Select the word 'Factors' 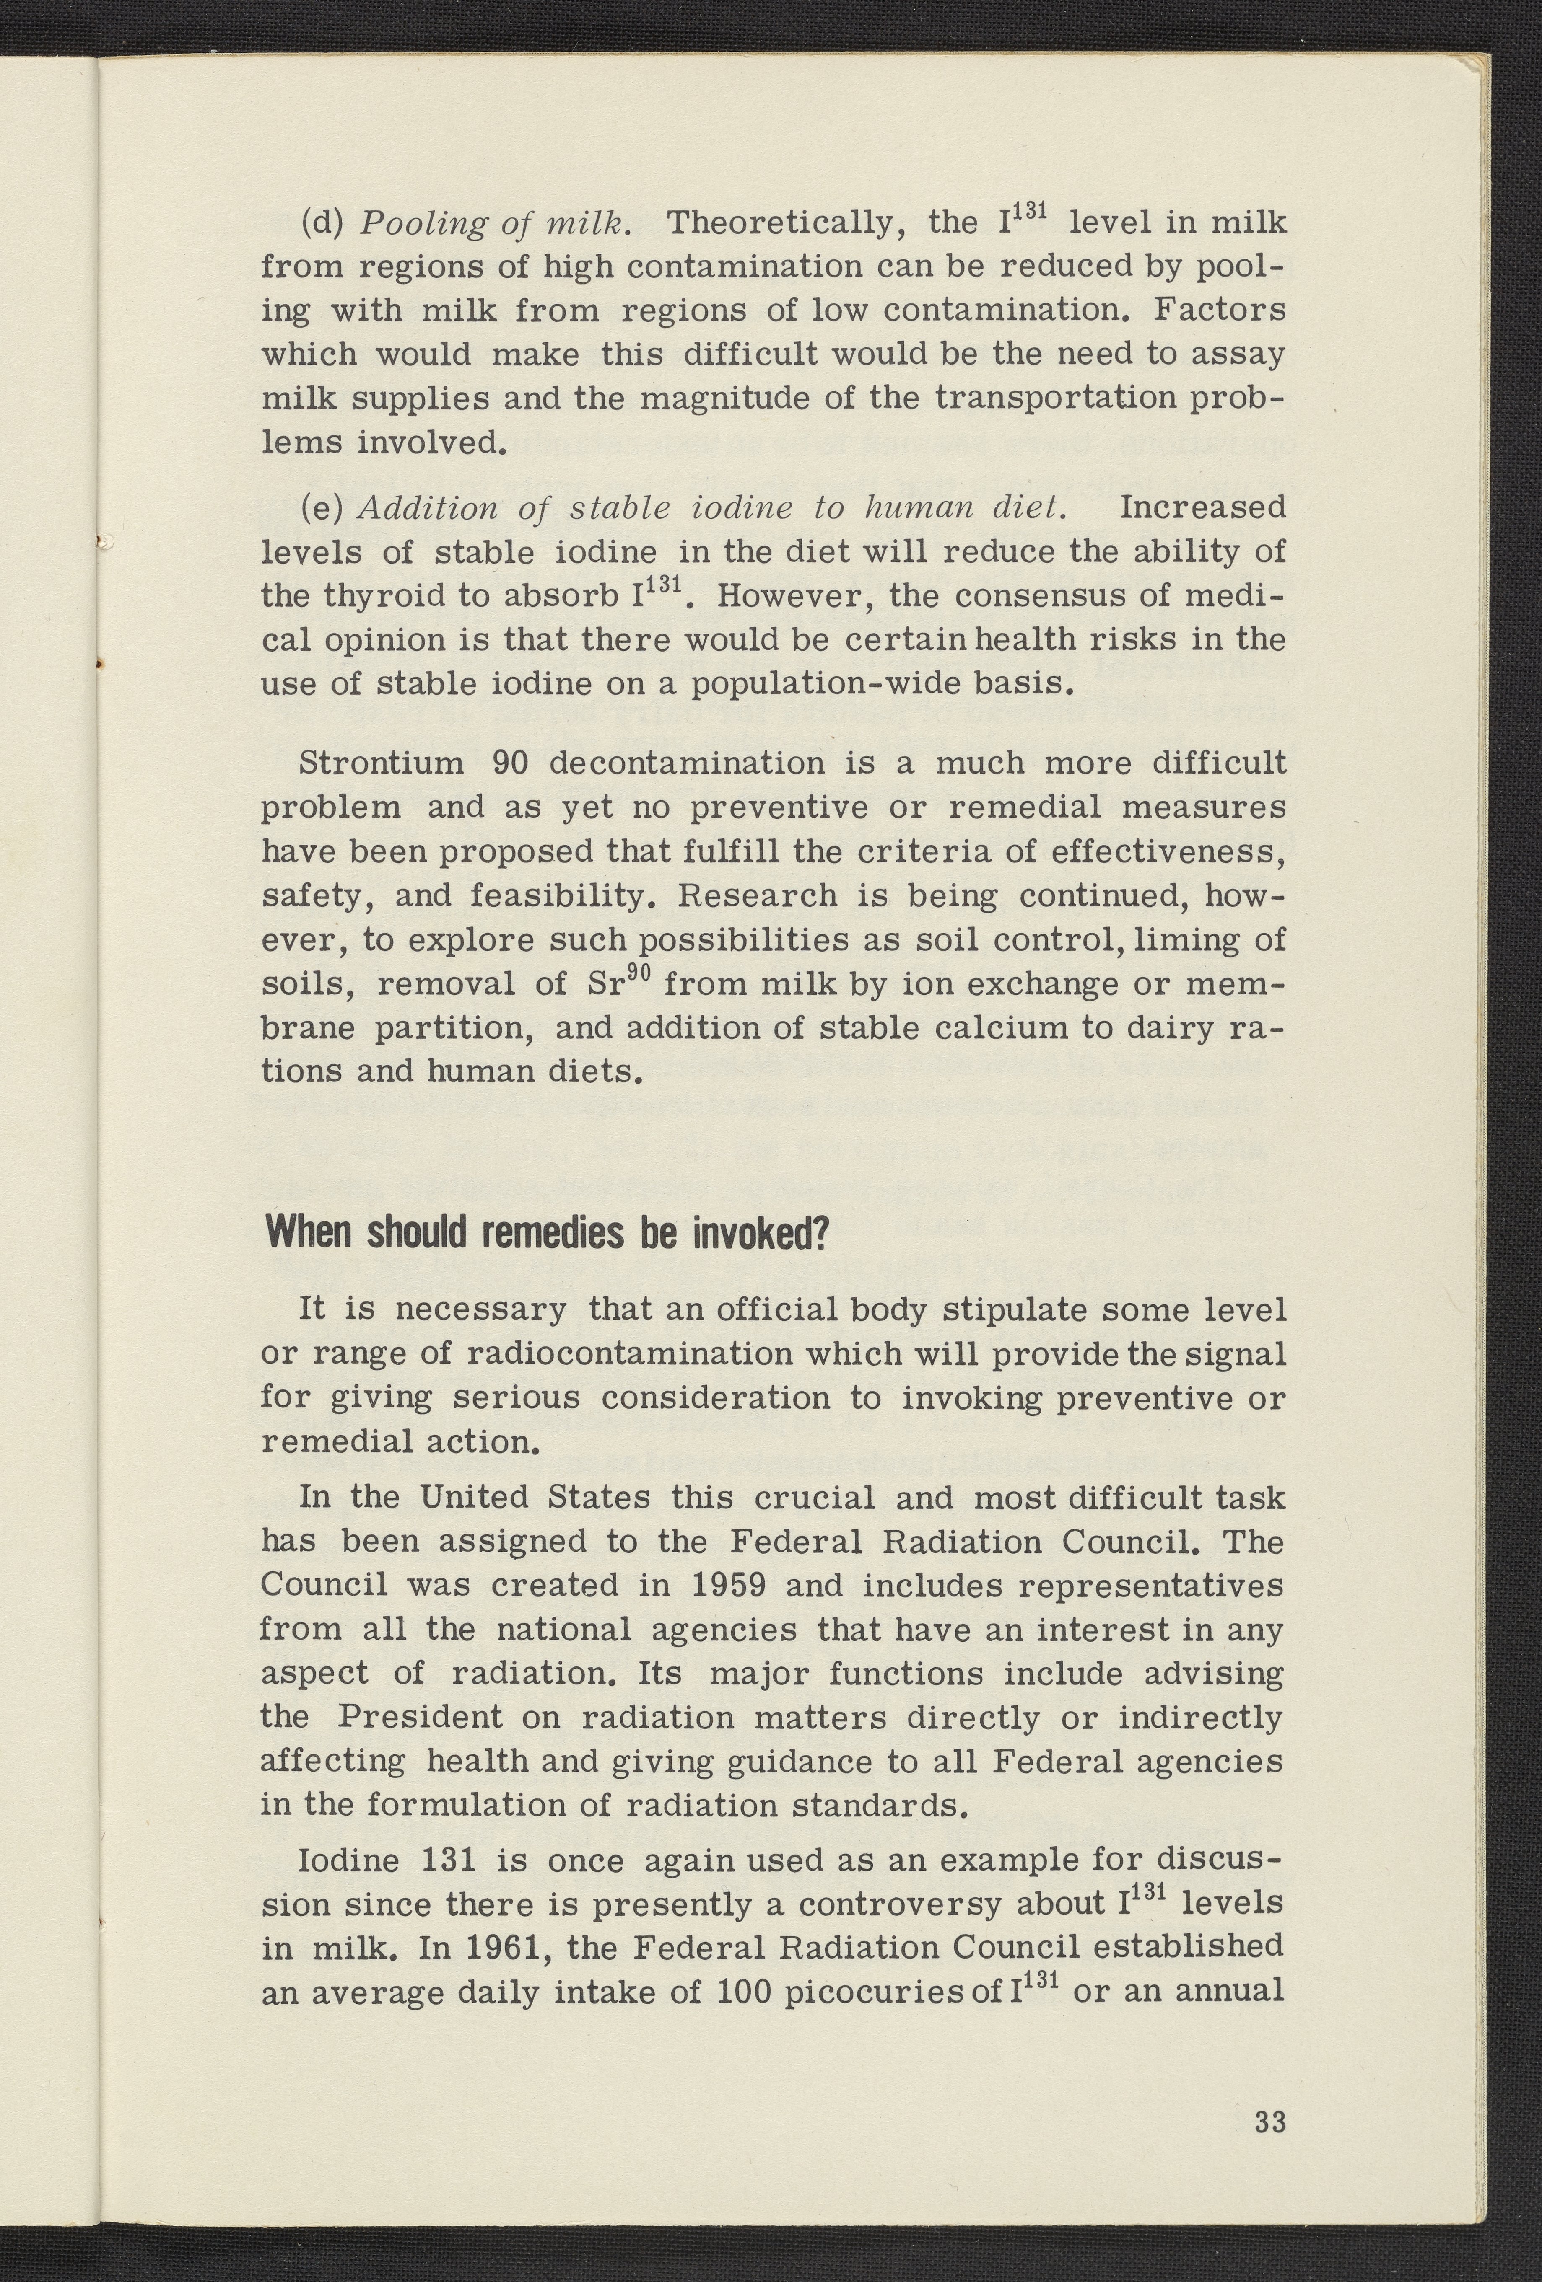point(1220,310)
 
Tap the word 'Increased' point(1202,508)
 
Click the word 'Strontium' point(378,763)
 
